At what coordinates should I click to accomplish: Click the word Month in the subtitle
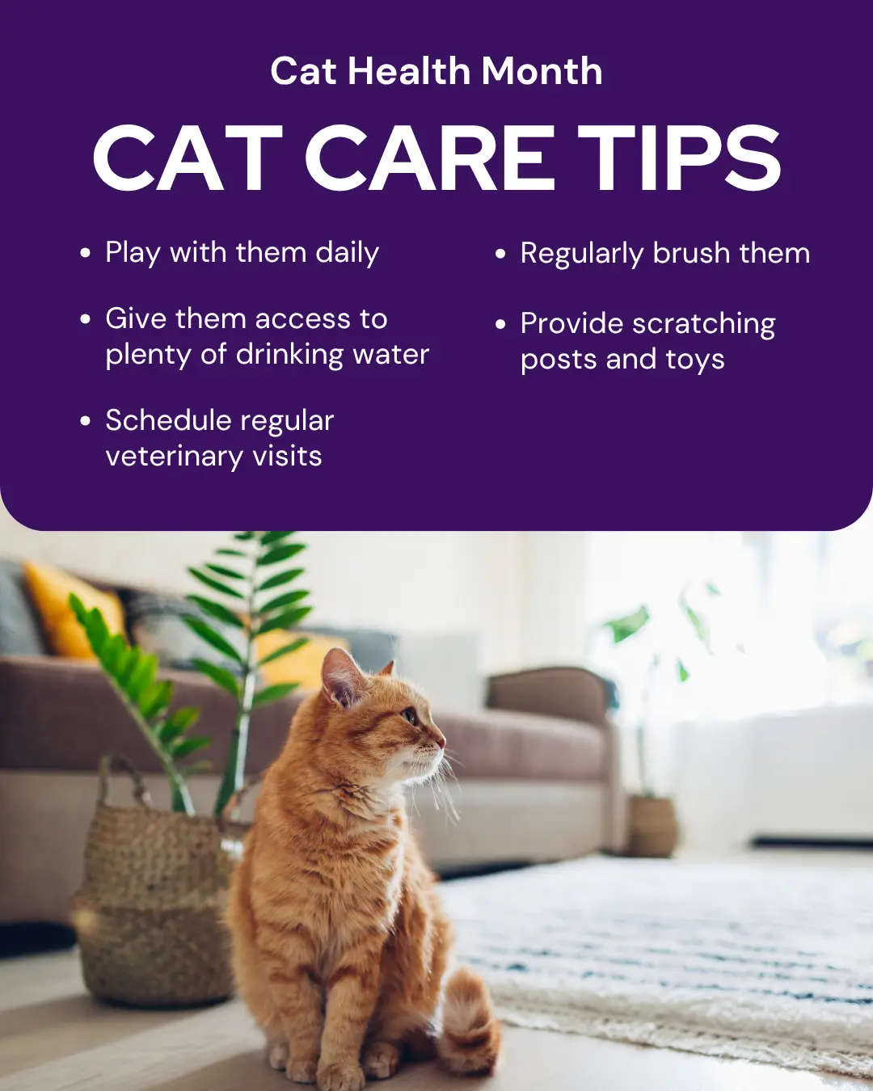[x=542, y=71]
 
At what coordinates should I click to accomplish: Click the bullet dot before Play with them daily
[x=85, y=252]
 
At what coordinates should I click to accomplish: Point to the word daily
[x=348, y=253]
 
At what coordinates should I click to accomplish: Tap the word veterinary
[x=175, y=457]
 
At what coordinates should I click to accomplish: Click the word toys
[x=695, y=360]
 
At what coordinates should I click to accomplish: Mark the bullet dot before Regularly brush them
[x=500, y=253]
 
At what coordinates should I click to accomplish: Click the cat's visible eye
[x=408, y=716]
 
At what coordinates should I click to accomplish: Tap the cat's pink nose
[x=442, y=743]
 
